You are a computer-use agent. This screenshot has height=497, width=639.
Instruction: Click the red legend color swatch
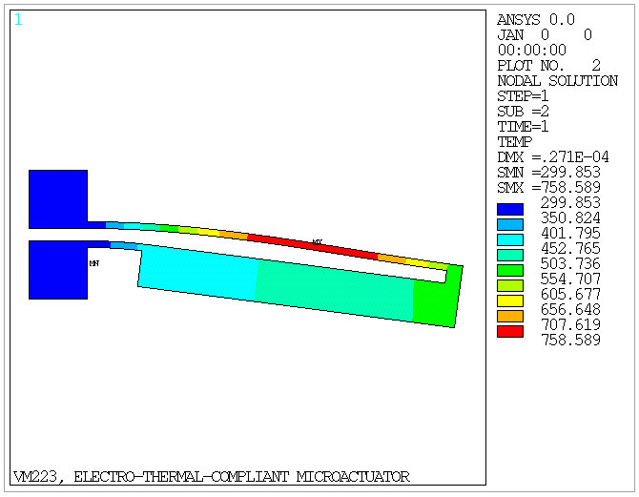(x=510, y=331)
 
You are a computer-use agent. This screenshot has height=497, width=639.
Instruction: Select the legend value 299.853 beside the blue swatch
(x=570, y=203)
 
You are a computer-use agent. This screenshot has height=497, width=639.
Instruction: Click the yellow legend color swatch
(x=510, y=300)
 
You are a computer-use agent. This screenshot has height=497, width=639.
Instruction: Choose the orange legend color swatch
(x=510, y=316)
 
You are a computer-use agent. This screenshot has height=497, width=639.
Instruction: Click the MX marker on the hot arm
(x=317, y=242)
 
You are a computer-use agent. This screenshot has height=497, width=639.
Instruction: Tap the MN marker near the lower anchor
(x=93, y=263)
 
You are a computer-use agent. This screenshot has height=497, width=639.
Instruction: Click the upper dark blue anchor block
(x=58, y=198)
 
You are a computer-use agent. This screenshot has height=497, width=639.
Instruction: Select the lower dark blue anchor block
(x=58, y=270)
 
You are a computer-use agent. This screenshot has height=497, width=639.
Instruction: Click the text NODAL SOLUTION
(x=557, y=81)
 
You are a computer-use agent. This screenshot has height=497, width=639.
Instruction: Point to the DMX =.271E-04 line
(x=553, y=157)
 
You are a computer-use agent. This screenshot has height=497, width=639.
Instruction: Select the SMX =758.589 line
(x=549, y=188)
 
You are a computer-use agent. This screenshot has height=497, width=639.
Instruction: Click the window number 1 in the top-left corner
(x=18, y=19)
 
